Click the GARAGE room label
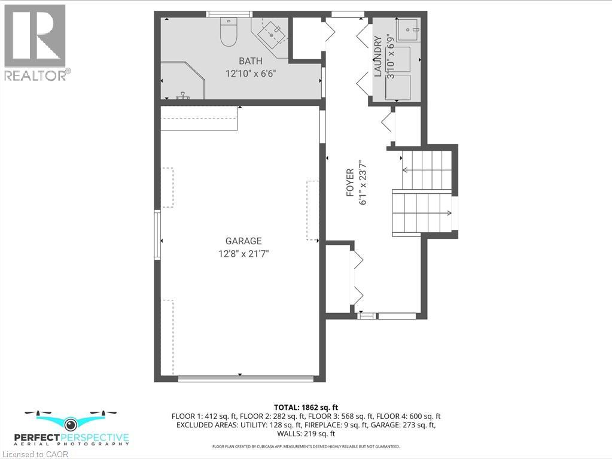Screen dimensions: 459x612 239,241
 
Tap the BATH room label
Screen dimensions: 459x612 250,60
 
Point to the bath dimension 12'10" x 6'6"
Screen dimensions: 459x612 250,73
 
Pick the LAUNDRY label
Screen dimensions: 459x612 377,57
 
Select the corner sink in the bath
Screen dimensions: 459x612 275,34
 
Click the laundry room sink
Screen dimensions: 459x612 408,29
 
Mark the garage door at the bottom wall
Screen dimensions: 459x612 246,378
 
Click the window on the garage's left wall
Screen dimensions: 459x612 158,234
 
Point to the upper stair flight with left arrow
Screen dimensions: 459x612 425,170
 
